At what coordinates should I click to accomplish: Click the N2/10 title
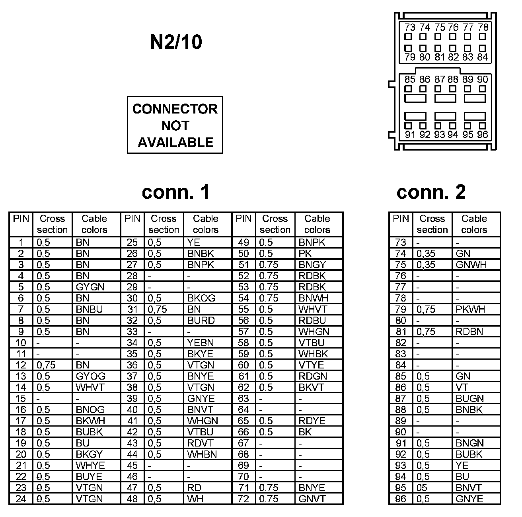click(176, 42)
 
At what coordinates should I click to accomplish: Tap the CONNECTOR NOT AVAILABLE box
click(175, 125)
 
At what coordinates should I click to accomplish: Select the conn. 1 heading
click(175, 192)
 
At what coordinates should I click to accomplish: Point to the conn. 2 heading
click(431, 192)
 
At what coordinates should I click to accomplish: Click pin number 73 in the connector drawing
click(409, 27)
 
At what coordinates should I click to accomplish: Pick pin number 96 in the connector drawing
click(482, 135)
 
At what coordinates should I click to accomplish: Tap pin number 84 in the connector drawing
click(482, 57)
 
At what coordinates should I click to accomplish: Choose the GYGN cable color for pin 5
click(90, 287)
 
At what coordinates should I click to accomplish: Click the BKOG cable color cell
click(201, 298)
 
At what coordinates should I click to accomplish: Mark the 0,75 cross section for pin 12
click(46, 365)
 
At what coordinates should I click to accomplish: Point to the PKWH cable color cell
click(471, 309)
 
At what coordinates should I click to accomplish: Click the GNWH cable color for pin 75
click(471, 264)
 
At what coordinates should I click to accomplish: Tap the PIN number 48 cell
click(132, 499)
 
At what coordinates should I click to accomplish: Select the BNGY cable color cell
click(312, 264)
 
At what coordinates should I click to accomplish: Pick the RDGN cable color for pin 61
click(313, 376)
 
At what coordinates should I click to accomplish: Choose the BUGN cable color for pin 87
click(470, 398)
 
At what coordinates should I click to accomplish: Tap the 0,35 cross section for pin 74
click(426, 253)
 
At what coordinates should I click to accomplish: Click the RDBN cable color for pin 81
click(469, 331)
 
